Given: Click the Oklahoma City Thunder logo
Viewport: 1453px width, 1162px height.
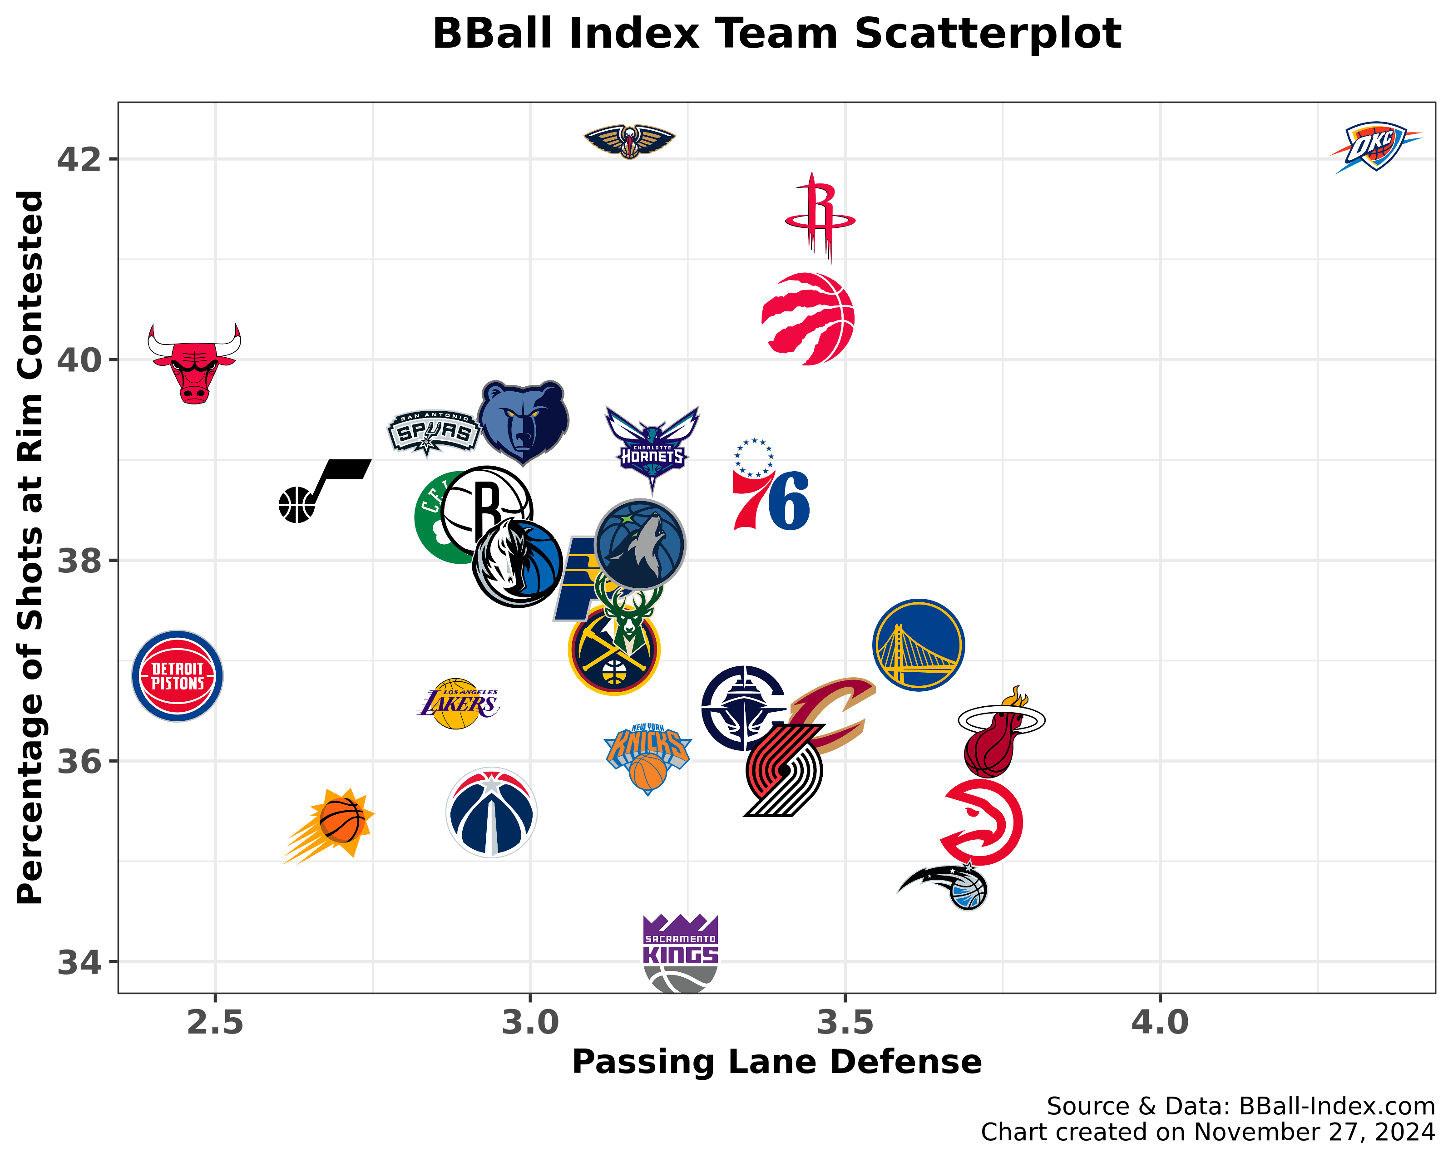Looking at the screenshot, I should (1375, 147).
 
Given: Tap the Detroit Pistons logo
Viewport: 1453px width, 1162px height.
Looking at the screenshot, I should (177, 676).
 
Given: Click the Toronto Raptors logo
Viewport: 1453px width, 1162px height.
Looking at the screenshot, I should (809, 319).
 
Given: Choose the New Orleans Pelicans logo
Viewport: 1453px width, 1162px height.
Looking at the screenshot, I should (629, 141).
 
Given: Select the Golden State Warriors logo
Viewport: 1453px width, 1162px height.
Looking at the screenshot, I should (918, 645).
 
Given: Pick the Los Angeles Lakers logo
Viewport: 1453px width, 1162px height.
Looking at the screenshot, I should (458, 704).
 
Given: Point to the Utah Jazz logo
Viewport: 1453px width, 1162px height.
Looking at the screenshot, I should (323, 490).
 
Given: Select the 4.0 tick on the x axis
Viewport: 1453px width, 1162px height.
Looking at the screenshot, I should (1160, 1023).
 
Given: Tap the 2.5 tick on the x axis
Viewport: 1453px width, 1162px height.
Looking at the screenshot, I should (215, 1023).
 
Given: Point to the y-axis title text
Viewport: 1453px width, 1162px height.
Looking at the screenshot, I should (30, 547).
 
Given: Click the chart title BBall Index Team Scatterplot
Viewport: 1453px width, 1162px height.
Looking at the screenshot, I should (776, 34).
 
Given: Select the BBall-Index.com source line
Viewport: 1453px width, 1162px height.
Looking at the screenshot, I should (1240, 1106).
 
